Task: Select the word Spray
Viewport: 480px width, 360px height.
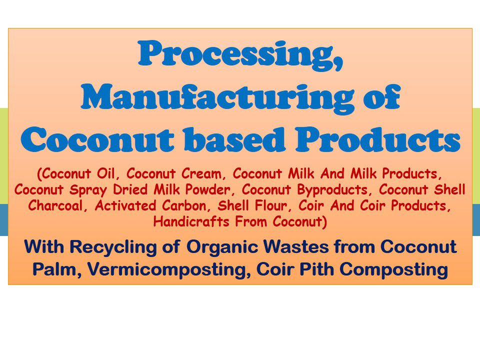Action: coord(74,190)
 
